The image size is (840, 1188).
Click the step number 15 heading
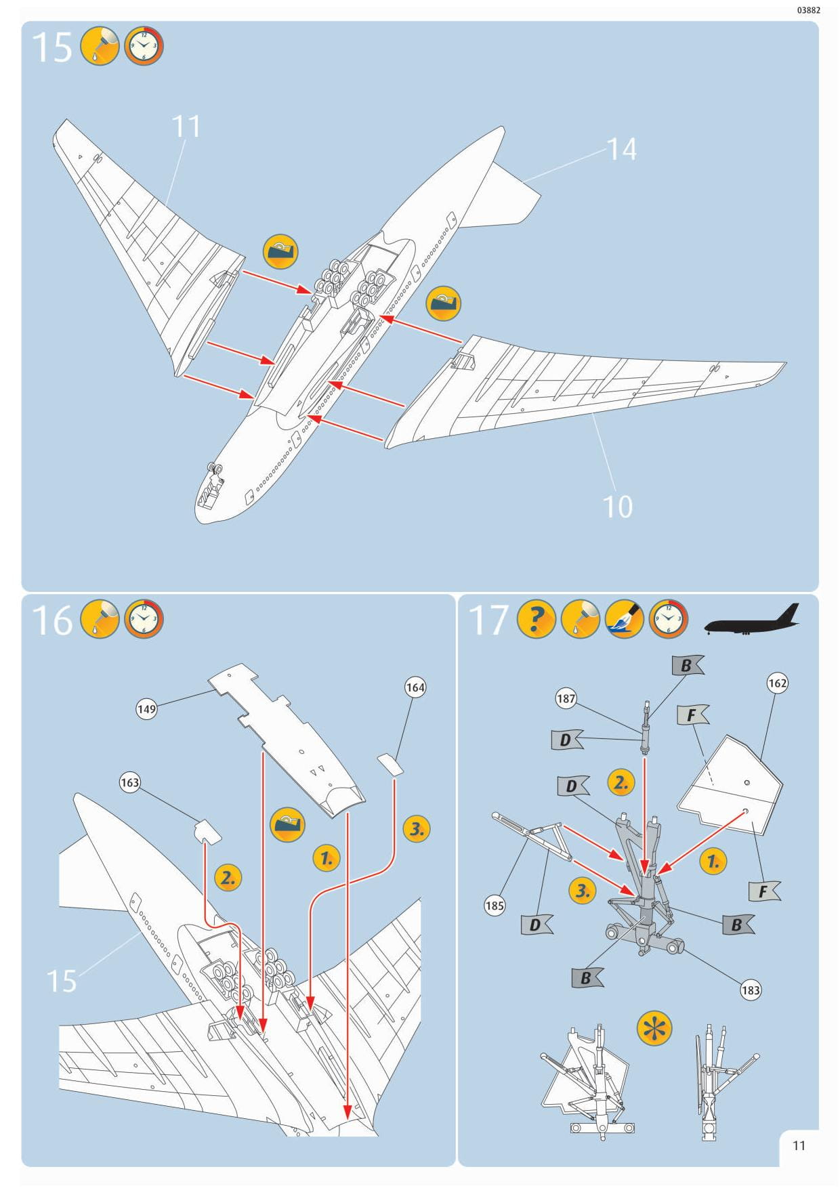[x=51, y=47]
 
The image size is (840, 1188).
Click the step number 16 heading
[x=51, y=620]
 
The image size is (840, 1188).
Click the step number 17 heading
[x=488, y=620]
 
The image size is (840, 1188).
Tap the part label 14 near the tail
[x=621, y=150]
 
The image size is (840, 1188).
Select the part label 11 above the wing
[x=186, y=127]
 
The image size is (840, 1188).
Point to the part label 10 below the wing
[x=617, y=507]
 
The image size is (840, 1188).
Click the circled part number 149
[x=146, y=709]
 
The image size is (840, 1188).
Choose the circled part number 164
[x=415, y=687]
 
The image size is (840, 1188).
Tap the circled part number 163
[x=129, y=782]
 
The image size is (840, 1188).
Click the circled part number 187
[x=566, y=698]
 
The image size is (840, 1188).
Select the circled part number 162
[x=777, y=683]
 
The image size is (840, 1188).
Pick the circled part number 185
[x=495, y=905]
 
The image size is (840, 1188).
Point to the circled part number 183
[x=751, y=990]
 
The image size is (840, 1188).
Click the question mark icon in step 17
[x=536, y=619]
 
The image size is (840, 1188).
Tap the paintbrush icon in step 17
[x=624, y=619]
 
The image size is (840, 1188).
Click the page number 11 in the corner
[x=799, y=1145]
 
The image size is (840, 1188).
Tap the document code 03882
[x=808, y=10]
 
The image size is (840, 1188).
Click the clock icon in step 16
[x=144, y=619]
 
